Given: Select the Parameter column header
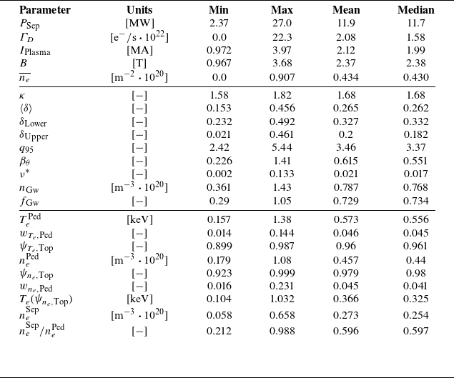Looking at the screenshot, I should [44, 10].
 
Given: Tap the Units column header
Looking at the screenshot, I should [139, 10].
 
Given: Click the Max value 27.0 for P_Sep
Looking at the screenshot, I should [282, 23].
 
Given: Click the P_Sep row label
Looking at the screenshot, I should [31, 23].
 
